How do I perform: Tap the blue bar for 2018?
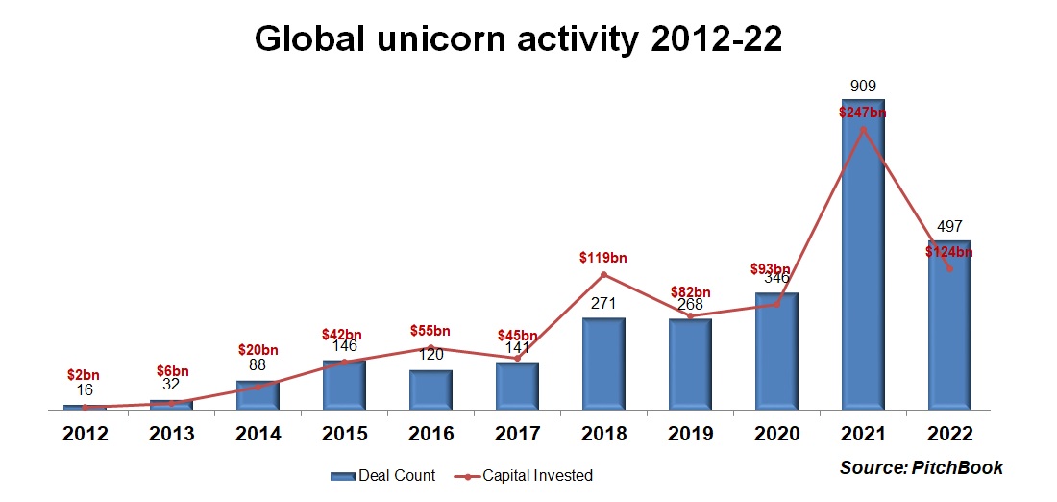coord(603,364)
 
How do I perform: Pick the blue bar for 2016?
coord(430,389)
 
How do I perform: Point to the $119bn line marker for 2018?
coord(603,275)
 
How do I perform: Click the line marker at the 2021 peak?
coord(863,129)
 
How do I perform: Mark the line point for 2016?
coord(430,347)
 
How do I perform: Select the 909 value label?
coord(863,87)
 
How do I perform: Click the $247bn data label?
coord(862,112)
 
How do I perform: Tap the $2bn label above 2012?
coord(84,374)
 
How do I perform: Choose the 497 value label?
coord(949,227)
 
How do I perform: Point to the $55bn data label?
coord(430,330)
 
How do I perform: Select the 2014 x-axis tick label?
coord(258,434)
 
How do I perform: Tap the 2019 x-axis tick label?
coord(690,434)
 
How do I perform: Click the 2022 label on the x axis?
coord(949,434)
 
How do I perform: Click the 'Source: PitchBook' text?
coord(921,468)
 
